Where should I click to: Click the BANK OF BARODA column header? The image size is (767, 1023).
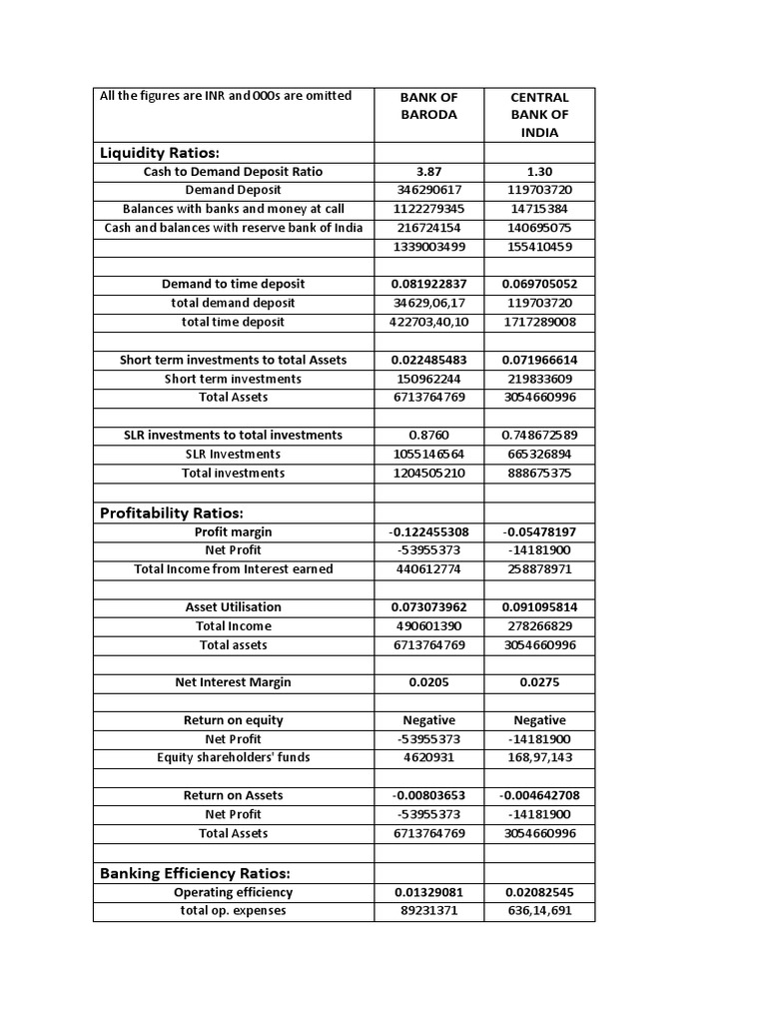428,106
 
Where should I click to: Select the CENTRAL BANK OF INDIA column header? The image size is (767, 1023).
539,114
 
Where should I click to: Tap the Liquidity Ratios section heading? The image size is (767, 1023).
160,152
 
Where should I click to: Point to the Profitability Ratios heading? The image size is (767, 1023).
172,512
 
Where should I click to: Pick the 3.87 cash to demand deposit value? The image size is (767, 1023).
428,172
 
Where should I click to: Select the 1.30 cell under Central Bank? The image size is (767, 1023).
539,172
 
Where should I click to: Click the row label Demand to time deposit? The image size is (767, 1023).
234,284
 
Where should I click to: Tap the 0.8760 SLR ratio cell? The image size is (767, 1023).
428,435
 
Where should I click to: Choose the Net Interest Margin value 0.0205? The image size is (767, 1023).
428,682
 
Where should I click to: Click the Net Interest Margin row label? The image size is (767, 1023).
234,682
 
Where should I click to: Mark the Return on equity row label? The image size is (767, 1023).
234,720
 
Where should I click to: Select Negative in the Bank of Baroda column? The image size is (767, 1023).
428,720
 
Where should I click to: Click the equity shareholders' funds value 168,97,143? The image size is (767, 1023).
539,757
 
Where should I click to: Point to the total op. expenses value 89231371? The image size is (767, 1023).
428,910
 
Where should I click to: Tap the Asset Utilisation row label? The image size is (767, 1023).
234,607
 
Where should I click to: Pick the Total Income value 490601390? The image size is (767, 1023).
428,625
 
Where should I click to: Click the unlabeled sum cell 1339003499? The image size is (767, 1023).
428,246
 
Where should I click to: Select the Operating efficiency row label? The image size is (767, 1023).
234,892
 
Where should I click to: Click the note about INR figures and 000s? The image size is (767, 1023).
226,96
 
